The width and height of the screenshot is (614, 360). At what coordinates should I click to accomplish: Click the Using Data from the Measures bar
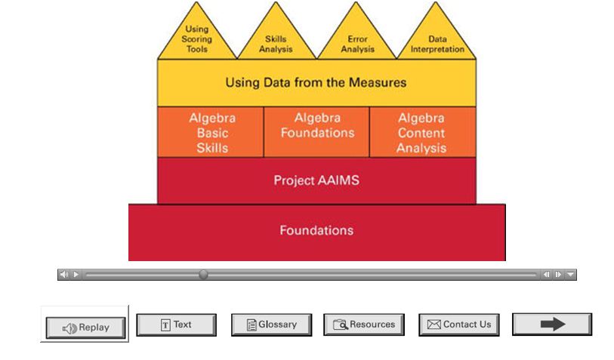[316, 82]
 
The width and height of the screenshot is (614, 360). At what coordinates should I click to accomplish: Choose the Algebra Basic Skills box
[211, 132]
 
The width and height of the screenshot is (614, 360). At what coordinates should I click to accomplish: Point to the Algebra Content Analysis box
[422, 132]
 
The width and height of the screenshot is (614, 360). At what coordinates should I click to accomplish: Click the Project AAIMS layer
[316, 180]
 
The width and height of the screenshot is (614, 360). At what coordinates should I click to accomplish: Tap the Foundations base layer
[316, 231]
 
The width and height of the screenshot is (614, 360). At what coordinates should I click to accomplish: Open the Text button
[176, 325]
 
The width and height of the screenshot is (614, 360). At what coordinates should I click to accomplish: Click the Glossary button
[271, 325]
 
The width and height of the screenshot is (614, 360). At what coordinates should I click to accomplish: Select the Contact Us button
[459, 325]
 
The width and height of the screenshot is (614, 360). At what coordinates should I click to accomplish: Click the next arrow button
[552, 325]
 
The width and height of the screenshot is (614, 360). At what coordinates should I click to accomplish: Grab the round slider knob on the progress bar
[203, 275]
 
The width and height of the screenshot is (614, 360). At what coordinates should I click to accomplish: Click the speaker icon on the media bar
[64, 275]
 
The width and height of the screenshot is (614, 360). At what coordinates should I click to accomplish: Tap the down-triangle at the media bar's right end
[570, 275]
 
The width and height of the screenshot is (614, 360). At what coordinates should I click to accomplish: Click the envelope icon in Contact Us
[434, 325]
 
